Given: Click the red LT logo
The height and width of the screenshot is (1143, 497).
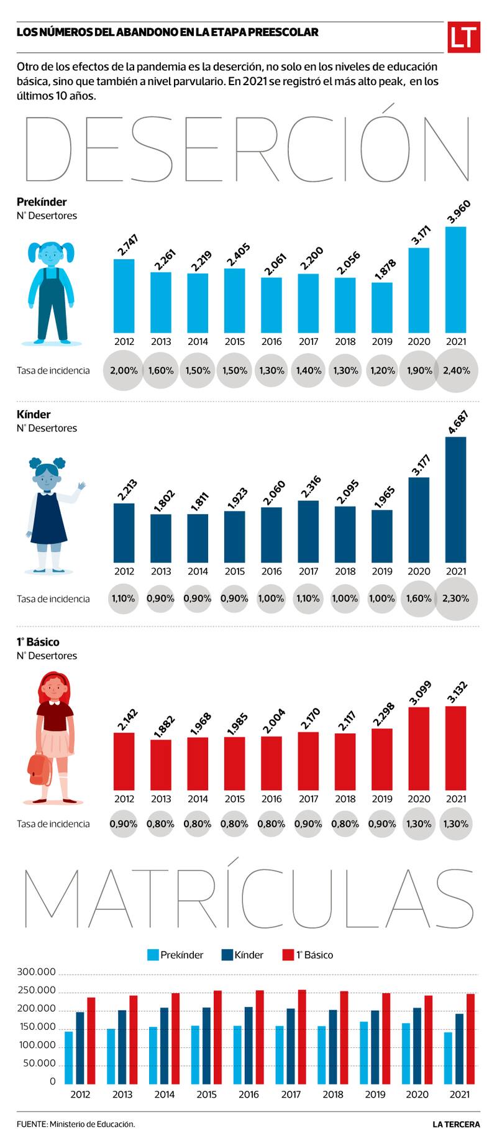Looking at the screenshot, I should [x=463, y=37].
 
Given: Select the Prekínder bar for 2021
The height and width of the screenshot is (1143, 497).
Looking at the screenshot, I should [x=456, y=280].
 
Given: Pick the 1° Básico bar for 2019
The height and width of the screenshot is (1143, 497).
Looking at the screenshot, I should [x=382, y=759].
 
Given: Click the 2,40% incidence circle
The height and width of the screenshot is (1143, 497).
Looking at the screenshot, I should [x=456, y=370].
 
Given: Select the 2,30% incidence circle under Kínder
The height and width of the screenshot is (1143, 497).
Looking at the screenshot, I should [x=456, y=599].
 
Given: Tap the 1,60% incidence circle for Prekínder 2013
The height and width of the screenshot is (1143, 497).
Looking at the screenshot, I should [x=161, y=370].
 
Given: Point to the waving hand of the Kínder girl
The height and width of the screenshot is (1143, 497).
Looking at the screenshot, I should [x=81, y=485].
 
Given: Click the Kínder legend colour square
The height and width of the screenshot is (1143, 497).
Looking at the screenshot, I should [x=227, y=955].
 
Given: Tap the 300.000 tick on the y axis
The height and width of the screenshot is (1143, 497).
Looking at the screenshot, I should [x=37, y=972].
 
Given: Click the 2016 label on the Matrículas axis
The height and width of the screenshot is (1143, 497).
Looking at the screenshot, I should [x=248, y=1095].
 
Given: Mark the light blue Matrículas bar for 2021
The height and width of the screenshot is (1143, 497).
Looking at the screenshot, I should [x=448, y=1057].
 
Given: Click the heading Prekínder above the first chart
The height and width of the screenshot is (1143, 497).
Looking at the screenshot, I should [x=42, y=202].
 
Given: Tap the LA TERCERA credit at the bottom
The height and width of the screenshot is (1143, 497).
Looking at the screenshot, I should [x=457, y=1124].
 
